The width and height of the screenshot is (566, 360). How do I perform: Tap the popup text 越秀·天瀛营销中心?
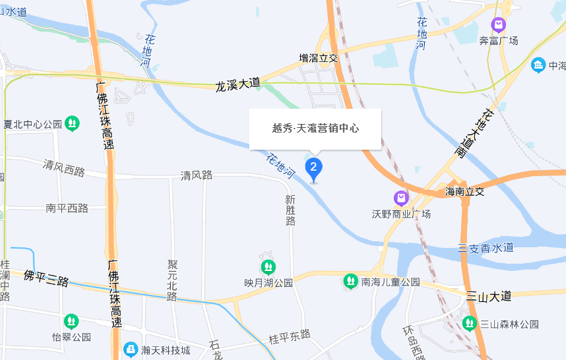(x=315, y=128)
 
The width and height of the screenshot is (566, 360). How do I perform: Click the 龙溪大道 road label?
(x=237, y=85)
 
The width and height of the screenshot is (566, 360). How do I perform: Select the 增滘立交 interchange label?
(x=319, y=59)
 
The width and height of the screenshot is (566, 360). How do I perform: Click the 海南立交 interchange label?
(x=464, y=192)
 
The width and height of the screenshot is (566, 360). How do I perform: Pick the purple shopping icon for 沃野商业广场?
(x=400, y=198)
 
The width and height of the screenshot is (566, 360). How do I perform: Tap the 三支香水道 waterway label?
(x=486, y=247)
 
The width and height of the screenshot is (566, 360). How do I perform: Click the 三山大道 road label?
(x=488, y=297)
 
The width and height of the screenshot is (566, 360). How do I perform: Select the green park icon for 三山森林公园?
(x=469, y=323)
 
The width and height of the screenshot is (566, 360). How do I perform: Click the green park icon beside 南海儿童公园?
(x=350, y=282)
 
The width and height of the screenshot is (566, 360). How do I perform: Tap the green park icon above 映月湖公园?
(x=268, y=267)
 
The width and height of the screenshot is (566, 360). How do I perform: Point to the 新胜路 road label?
(x=290, y=210)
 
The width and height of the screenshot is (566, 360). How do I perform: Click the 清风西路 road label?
(x=64, y=167)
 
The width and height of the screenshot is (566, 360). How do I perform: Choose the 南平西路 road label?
(x=67, y=208)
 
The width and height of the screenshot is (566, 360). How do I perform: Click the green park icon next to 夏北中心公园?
(x=72, y=123)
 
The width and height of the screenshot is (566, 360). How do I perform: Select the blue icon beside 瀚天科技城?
(x=131, y=349)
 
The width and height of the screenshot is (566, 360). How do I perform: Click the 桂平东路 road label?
(x=290, y=338)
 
